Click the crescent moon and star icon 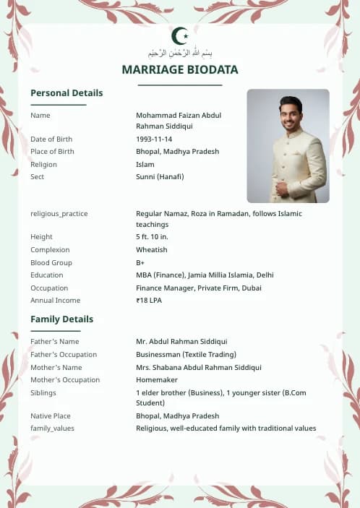[x=180, y=35]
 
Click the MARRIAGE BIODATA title [x=180, y=69]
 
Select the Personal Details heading [x=67, y=93]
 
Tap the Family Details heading [x=61, y=319]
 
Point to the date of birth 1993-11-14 [x=154, y=139]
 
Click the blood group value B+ [x=140, y=262]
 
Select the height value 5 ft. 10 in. [x=152, y=237]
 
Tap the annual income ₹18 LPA [x=149, y=301]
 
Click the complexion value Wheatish [x=152, y=250]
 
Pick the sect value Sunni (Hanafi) [x=160, y=177]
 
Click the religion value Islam [x=145, y=164]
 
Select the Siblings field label [x=43, y=392]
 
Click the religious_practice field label [x=59, y=214]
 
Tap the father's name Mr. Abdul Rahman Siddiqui [x=181, y=342]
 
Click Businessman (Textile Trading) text [x=187, y=355]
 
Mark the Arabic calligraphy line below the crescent [x=180, y=53]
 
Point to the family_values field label [x=52, y=429]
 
